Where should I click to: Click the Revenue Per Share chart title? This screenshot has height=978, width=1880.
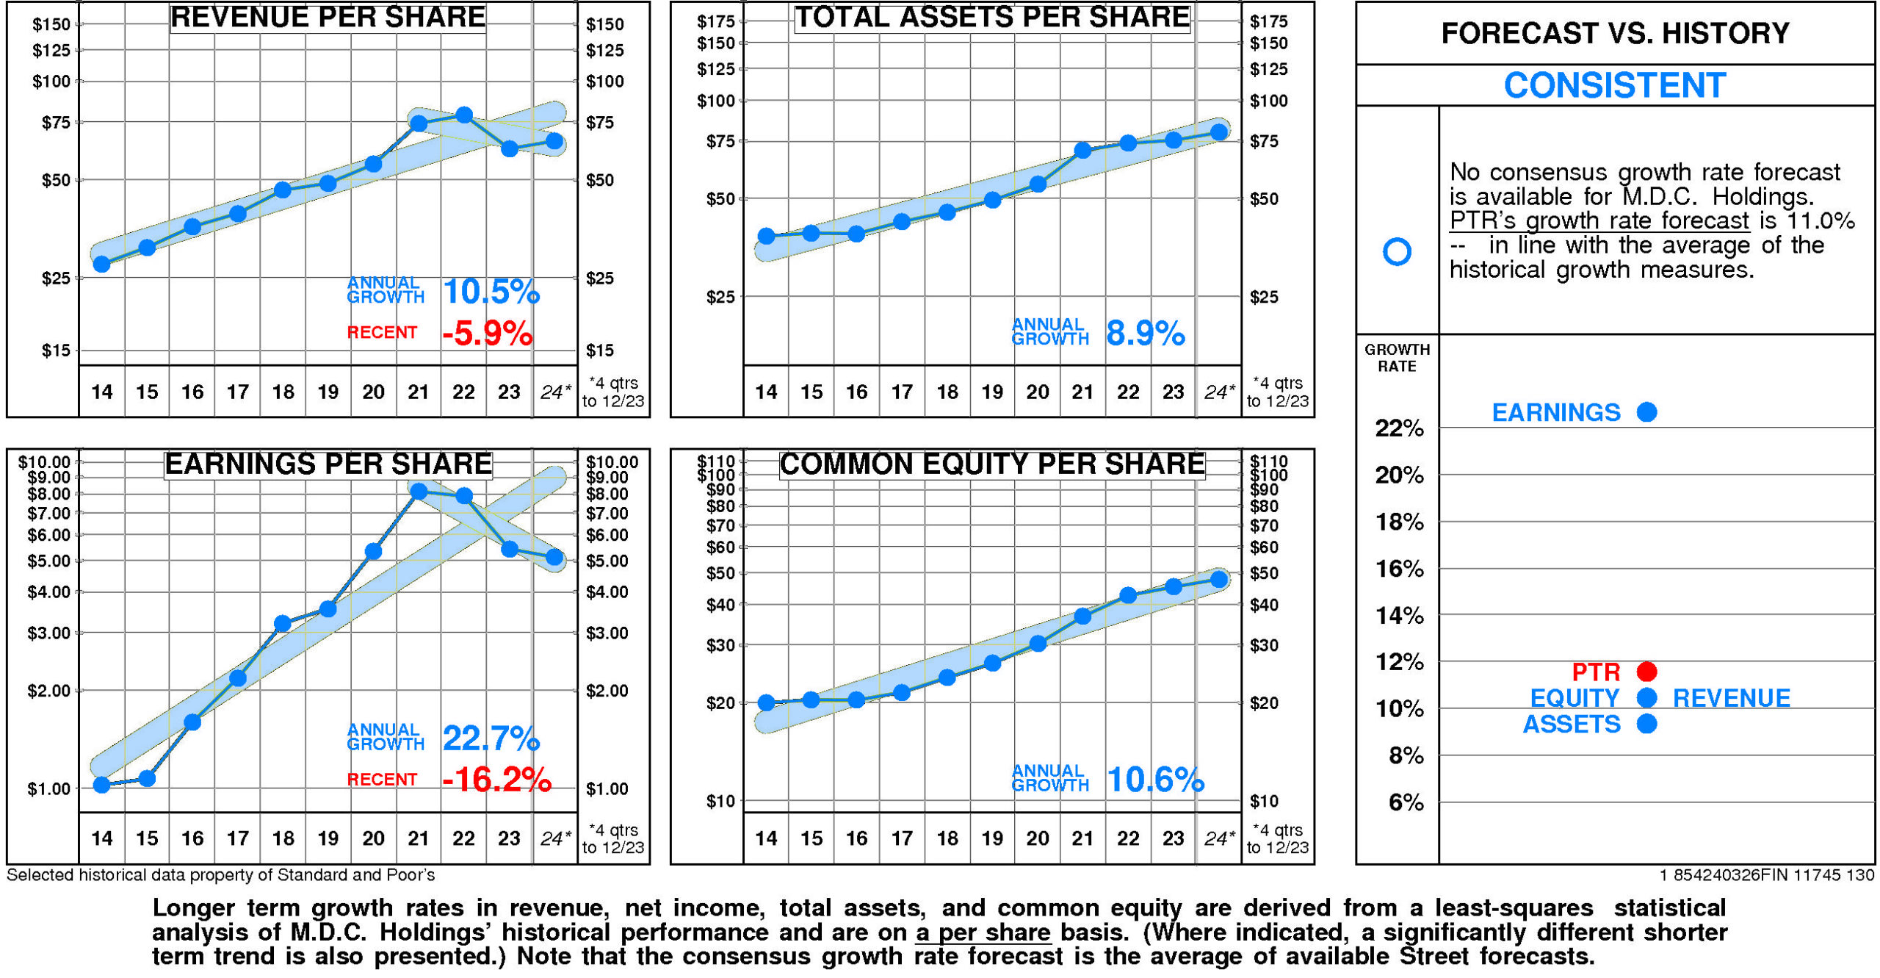[328, 18]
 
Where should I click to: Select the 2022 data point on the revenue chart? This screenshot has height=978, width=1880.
[463, 115]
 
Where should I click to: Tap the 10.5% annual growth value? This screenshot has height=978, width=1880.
[491, 292]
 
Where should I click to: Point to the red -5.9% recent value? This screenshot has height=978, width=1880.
[487, 334]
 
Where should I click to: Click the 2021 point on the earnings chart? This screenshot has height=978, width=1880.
[419, 492]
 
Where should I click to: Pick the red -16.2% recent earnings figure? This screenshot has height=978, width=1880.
[496, 780]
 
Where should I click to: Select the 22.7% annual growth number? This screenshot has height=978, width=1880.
[491, 738]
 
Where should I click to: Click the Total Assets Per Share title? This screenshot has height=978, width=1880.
[992, 18]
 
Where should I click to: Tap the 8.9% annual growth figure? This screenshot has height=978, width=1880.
[1145, 334]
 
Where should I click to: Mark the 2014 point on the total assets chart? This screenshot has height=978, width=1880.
[766, 237]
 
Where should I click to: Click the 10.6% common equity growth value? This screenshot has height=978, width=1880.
[1155, 780]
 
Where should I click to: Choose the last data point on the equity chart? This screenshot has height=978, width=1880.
[1219, 580]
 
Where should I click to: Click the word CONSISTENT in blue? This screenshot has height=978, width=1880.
[1614, 86]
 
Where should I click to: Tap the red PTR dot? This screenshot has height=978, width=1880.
[1646, 672]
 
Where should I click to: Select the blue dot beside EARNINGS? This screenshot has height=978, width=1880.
[1646, 412]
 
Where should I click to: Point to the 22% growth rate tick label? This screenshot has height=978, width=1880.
[1399, 428]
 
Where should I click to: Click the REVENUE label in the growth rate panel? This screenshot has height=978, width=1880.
[1731, 698]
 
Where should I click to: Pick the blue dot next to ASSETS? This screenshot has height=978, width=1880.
[1646, 724]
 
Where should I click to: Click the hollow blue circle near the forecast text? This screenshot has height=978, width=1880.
[1397, 252]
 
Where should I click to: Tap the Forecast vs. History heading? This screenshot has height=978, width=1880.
[1614, 34]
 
